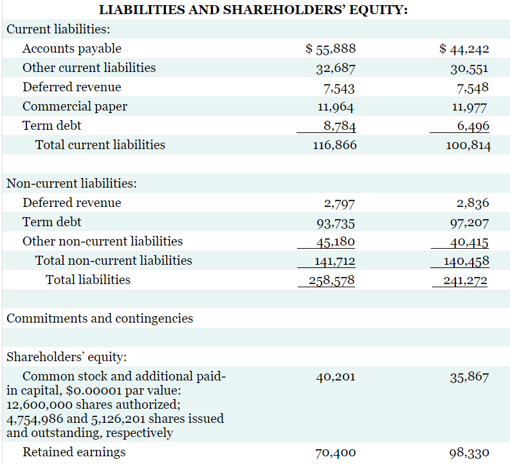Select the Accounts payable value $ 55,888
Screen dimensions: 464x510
(331, 49)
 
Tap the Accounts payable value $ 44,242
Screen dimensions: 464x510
(464, 49)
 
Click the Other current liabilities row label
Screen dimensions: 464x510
(89, 67)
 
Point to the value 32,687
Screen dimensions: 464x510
(334, 68)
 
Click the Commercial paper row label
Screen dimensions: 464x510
(75, 106)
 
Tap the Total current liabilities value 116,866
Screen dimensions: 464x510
(334, 145)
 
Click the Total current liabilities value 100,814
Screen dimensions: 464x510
(468, 145)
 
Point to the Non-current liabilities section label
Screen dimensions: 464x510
(71, 183)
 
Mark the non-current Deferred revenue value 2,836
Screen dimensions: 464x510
(473, 203)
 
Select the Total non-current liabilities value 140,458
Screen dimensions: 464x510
(467, 261)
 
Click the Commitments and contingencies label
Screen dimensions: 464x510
(100, 318)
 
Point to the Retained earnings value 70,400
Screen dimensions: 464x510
(336, 453)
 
